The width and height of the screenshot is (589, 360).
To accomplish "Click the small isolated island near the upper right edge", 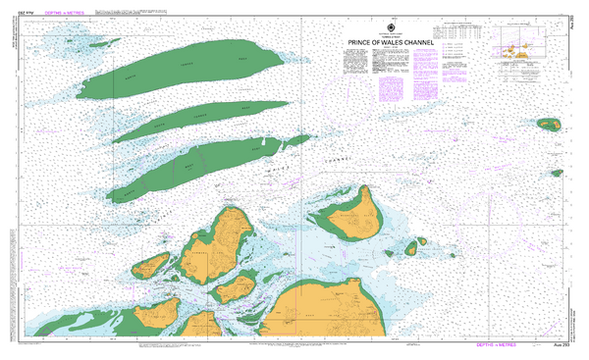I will [x=548, y=124].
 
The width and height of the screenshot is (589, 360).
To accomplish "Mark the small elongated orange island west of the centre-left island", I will [x=151, y=265].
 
